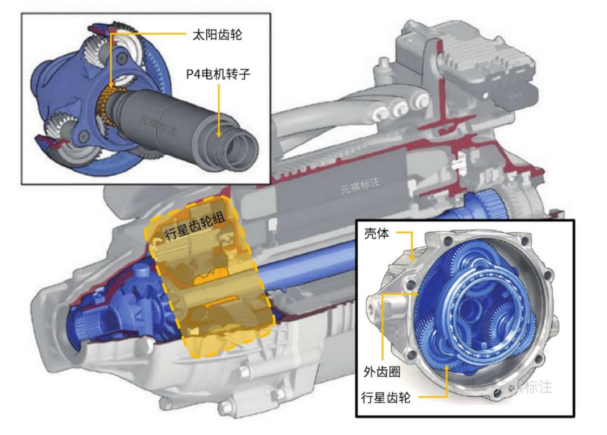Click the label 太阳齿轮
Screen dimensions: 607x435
(x=217, y=35)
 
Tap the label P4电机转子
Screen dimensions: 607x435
(x=218, y=73)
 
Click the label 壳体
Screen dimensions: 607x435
(x=376, y=234)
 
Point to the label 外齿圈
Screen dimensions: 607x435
(x=381, y=372)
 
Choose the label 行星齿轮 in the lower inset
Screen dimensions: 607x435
(x=385, y=398)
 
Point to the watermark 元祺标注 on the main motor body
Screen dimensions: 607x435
(x=360, y=185)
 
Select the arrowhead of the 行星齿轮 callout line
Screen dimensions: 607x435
(x=446, y=367)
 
